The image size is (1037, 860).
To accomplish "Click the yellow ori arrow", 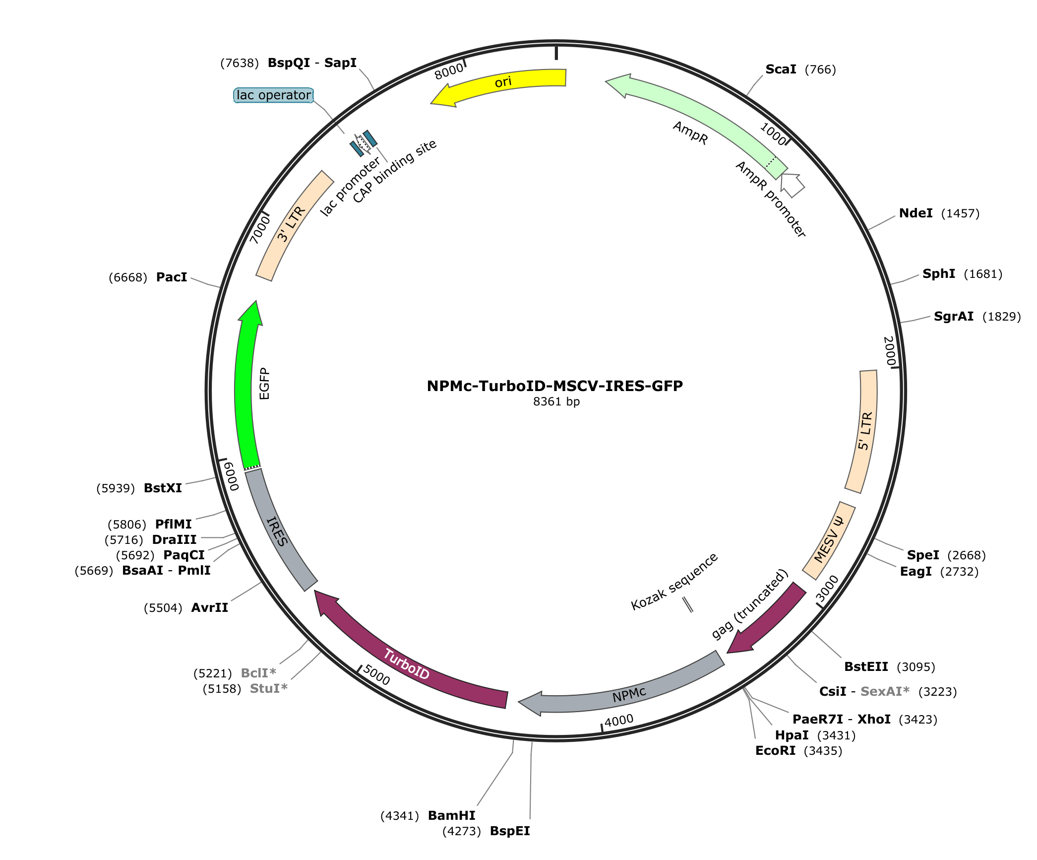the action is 501,83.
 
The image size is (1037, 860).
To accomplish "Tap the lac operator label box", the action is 273,95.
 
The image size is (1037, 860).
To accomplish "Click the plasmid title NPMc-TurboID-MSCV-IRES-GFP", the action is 555,386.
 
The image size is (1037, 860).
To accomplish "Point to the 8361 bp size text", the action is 556,401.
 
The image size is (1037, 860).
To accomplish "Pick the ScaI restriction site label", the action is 781,69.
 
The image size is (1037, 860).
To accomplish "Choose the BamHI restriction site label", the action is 451,815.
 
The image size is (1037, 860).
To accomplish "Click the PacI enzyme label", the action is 172,277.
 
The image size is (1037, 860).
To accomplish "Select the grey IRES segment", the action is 278,531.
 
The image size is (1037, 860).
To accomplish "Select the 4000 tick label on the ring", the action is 619,720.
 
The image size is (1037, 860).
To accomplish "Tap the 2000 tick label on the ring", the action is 890,351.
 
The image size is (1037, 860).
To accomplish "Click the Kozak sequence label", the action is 674,581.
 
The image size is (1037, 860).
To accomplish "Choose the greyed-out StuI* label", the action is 269,688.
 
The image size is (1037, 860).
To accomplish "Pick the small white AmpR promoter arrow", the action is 792,185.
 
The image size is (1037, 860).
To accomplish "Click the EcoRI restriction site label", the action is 775,750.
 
